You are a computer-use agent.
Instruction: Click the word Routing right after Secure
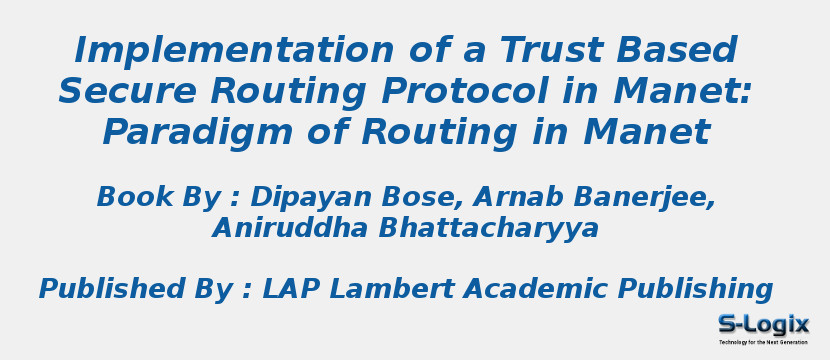[291, 91]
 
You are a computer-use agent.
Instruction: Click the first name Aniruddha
[290, 229]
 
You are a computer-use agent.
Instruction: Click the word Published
[111, 290]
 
